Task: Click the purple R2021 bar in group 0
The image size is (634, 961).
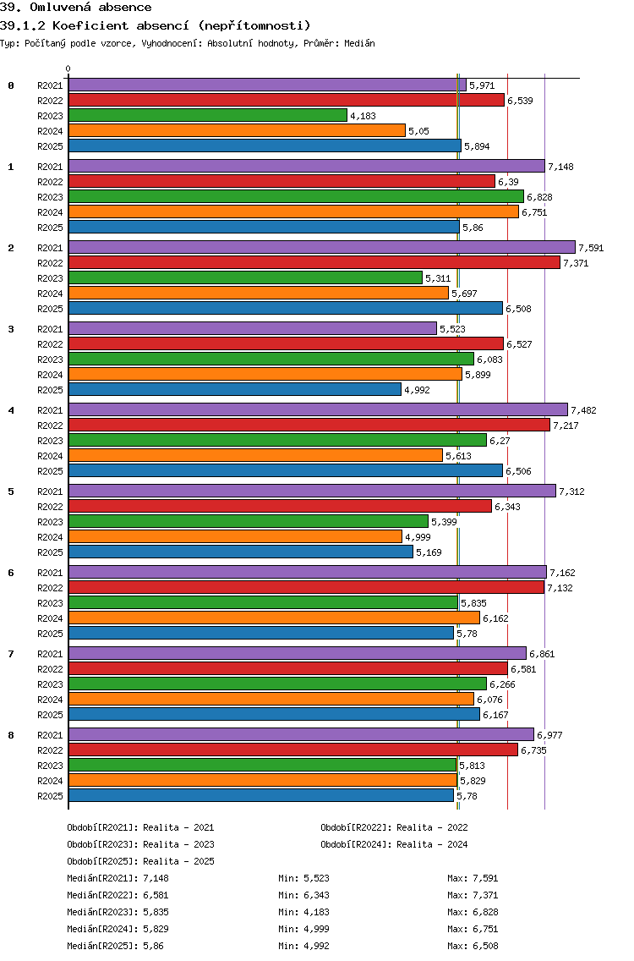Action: click(267, 85)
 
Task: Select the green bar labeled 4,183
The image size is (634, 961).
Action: click(208, 115)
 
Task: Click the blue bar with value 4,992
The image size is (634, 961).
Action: click(235, 389)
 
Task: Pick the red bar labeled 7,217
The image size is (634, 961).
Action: click(309, 425)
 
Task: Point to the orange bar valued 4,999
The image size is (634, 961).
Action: click(235, 536)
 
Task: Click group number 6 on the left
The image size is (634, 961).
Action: click(11, 573)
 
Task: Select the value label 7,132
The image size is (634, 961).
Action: click(560, 588)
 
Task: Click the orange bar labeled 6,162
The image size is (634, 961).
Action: click(274, 618)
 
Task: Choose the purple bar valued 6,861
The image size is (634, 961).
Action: click(298, 653)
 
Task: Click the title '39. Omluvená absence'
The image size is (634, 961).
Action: click(76, 8)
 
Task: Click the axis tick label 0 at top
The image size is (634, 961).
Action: click(68, 69)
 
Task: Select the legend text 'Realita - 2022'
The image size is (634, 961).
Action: click(432, 827)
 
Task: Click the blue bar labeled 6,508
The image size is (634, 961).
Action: click(286, 308)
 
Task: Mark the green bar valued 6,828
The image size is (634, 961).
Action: click(296, 196)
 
